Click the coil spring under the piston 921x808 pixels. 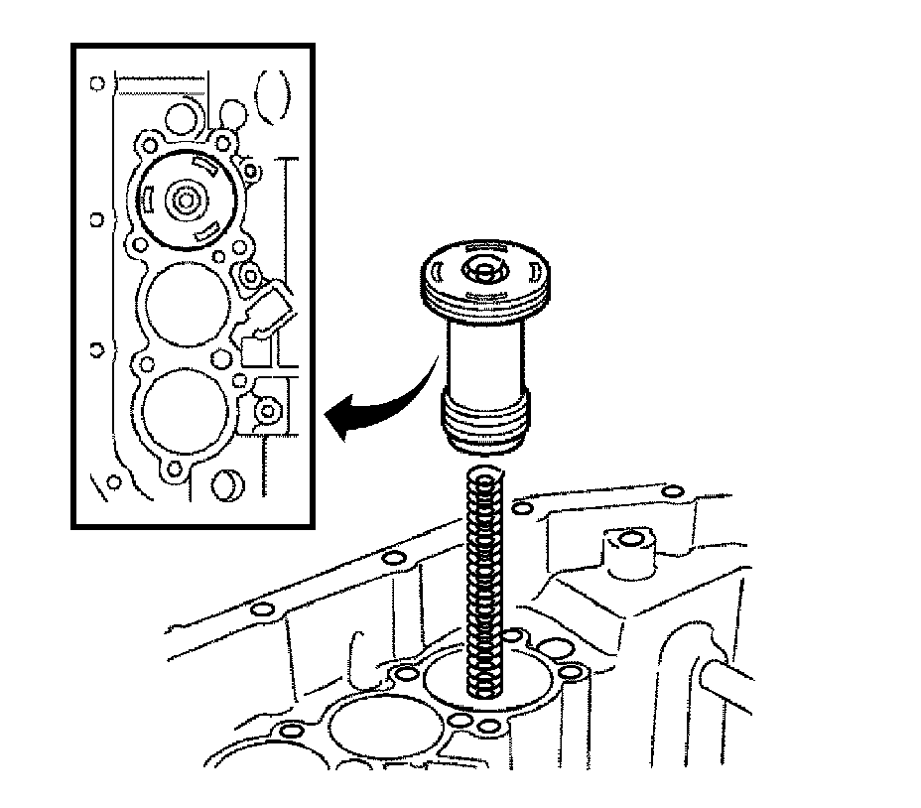tap(485, 586)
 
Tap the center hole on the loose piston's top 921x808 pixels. tap(482, 269)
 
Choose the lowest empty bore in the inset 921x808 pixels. tap(186, 409)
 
